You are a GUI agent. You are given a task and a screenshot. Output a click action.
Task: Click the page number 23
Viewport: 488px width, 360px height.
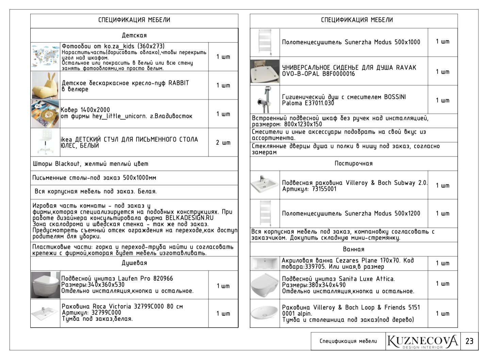[x=469, y=341]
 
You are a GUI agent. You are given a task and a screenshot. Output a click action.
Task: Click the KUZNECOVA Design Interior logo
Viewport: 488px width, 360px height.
[x=423, y=341]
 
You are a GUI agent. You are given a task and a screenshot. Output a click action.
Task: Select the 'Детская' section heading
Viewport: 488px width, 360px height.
[x=134, y=35]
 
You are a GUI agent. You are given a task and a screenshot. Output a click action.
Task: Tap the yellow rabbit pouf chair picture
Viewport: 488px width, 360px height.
[x=45, y=85]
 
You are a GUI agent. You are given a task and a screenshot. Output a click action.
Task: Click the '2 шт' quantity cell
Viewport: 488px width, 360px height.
[x=223, y=143]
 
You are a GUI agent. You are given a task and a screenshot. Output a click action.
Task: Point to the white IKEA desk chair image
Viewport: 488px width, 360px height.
[x=45, y=142]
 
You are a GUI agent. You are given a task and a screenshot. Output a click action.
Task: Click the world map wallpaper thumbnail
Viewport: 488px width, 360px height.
[x=45, y=57]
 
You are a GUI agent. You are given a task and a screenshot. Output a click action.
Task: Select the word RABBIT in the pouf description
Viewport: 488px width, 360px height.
[x=179, y=83]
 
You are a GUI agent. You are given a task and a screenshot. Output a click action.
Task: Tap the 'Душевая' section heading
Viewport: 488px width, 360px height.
[x=134, y=263]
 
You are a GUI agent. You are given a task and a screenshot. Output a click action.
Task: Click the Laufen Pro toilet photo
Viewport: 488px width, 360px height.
[x=45, y=285]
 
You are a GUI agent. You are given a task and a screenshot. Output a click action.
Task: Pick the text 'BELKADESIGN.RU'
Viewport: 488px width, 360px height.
[x=190, y=218]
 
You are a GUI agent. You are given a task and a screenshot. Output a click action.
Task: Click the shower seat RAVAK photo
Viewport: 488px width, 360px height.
[x=264, y=71]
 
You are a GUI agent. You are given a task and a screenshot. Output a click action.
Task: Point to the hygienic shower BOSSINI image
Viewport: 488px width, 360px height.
[x=264, y=100]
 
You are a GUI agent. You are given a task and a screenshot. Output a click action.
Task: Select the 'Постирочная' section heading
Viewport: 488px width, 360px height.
[x=354, y=164]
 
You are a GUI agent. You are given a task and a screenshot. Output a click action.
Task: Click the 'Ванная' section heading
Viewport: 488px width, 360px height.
[x=354, y=249]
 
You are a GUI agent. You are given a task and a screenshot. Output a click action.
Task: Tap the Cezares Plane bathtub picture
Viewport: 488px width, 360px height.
[x=264, y=263]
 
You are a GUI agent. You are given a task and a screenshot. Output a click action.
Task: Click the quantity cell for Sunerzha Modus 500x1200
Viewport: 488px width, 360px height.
[x=442, y=214]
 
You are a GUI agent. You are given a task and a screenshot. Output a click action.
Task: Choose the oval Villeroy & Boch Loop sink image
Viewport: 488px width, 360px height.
[x=264, y=313]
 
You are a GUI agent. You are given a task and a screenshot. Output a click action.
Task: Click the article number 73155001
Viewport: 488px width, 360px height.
[x=324, y=189]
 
